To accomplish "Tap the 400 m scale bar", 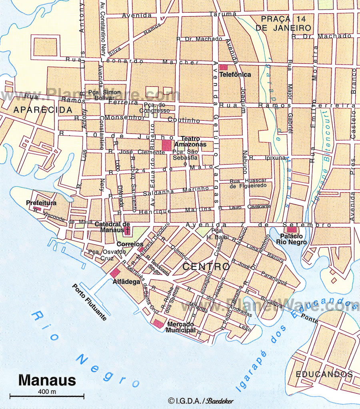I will pyautogui.click(x=47, y=396).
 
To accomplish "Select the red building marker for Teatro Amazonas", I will pyautogui.click(x=166, y=145).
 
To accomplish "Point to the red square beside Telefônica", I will pyautogui.click(x=223, y=67).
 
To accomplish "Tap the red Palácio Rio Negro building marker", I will pyautogui.click(x=292, y=230).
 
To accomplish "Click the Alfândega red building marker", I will pyautogui.click(x=116, y=274).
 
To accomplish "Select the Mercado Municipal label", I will pyautogui.click(x=181, y=327).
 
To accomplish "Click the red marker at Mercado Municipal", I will pyautogui.click(x=159, y=324).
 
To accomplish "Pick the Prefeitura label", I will pyautogui.click(x=41, y=203).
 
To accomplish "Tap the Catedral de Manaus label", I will pyautogui.click(x=112, y=227).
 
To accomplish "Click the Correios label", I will pyautogui.click(x=130, y=244).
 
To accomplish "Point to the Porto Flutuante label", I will pyautogui.click(x=90, y=302).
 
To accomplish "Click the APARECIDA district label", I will pyautogui.click(x=42, y=110).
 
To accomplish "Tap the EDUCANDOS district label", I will pyautogui.click(x=324, y=374).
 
